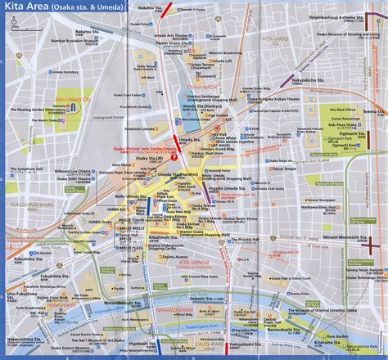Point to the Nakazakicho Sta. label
pyautogui.click(x=303, y=81)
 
